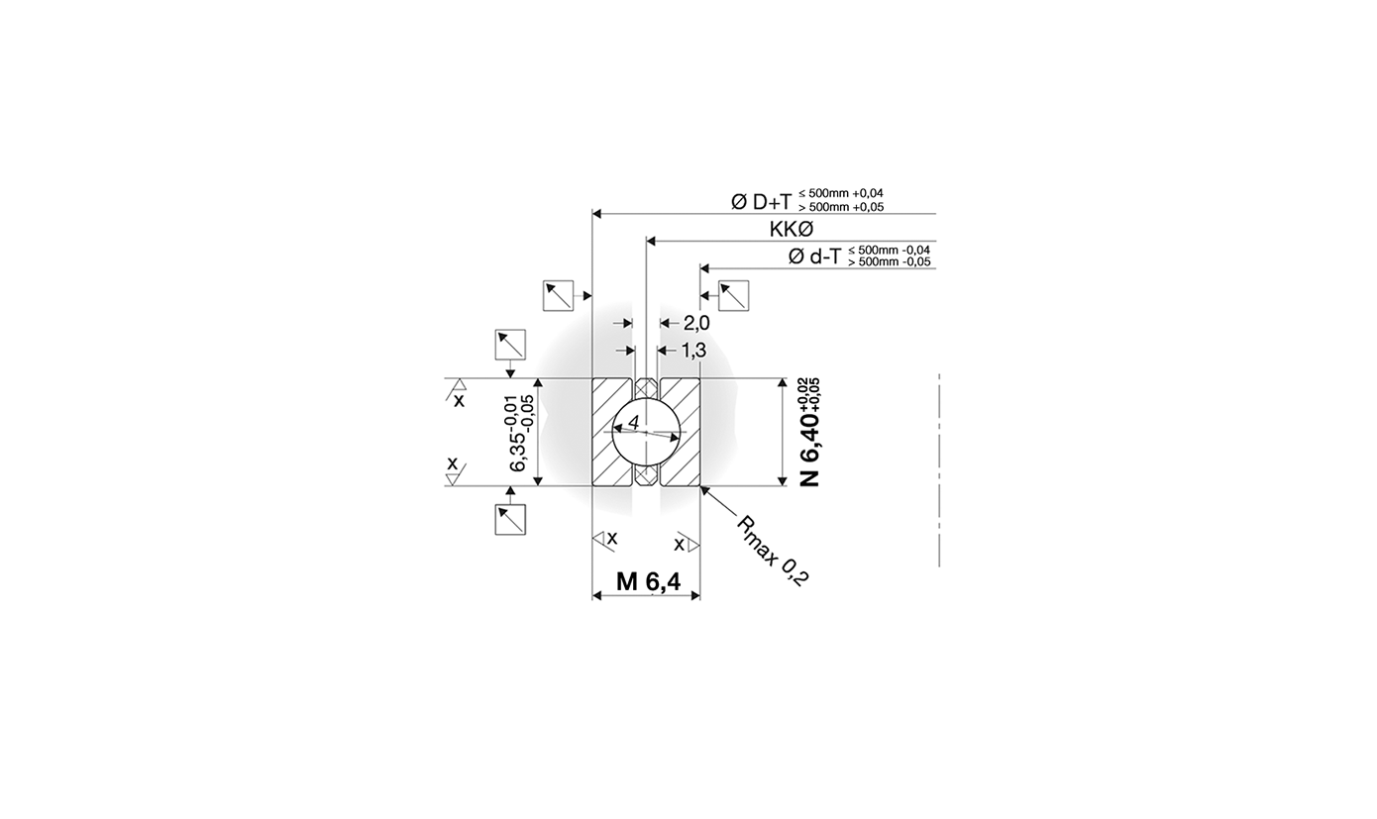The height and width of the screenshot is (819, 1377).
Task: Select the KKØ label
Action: pyautogui.click(x=791, y=230)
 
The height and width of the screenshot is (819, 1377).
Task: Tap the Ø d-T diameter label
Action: pyautogui.click(x=814, y=256)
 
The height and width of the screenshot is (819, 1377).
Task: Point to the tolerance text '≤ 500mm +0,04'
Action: pyautogui.click(x=841, y=194)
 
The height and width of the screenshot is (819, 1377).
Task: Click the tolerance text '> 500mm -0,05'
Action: pyautogui.click(x=890, y=262)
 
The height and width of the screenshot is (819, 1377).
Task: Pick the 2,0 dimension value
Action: pyautogui.click(x=696, y=323)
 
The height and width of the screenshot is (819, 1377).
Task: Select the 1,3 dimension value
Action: pyautogui.click(x=694, y=351)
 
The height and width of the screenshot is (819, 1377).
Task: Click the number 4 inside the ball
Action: pyautogui.click(x=633, y=424)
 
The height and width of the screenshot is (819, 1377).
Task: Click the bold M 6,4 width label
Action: pyautogui.click(x=648, y=582)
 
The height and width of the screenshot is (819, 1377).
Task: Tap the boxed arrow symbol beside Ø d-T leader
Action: pyautogui.click(x=733, y=295)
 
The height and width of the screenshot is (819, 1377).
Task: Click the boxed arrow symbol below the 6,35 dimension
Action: pyautogui.click(x=510, y=519)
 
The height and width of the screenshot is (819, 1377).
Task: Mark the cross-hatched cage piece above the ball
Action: pyautogui.click(x=646, y=387)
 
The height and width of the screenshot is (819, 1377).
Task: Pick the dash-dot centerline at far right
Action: pyautogui.click(x=938, y=470)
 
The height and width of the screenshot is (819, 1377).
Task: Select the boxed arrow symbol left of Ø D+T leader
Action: pyautogui.click(x=558, y=295)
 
